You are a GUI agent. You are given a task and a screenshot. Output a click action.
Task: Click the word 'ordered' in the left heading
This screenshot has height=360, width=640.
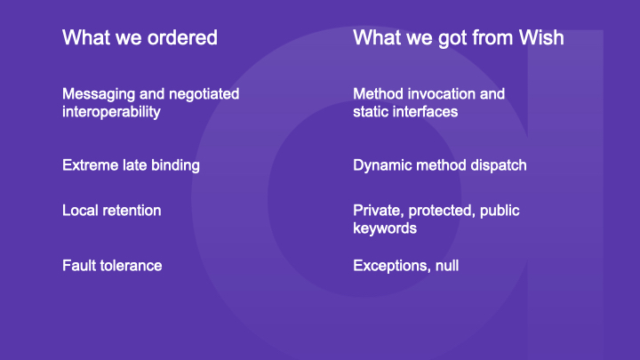click(x=182, y=37)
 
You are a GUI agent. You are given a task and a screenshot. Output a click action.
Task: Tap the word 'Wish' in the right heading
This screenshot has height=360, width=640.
click(x=541, y=37)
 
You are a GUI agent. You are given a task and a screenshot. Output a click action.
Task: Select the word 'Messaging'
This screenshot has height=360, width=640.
click(x=99, y=95)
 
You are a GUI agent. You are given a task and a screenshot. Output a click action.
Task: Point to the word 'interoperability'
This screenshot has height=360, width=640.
click(x=111, y=112)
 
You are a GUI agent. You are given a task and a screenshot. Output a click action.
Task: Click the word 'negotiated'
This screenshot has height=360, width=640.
click(x=204, y=94)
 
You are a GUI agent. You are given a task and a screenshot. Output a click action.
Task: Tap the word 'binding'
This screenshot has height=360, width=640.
click(x=175, y=166)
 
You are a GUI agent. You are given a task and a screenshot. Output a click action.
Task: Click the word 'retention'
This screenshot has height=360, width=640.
click(x=132, y=211)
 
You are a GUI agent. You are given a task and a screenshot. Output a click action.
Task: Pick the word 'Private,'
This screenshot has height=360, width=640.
click(x=379, y=211)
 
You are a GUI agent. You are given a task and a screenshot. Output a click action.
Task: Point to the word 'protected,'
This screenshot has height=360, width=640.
click(x=442, y=211)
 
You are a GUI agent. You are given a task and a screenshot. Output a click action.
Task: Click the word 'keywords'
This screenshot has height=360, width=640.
click(x=385, y=228)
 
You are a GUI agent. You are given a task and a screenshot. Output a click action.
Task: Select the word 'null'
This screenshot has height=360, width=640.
click(x=447, y=266)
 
